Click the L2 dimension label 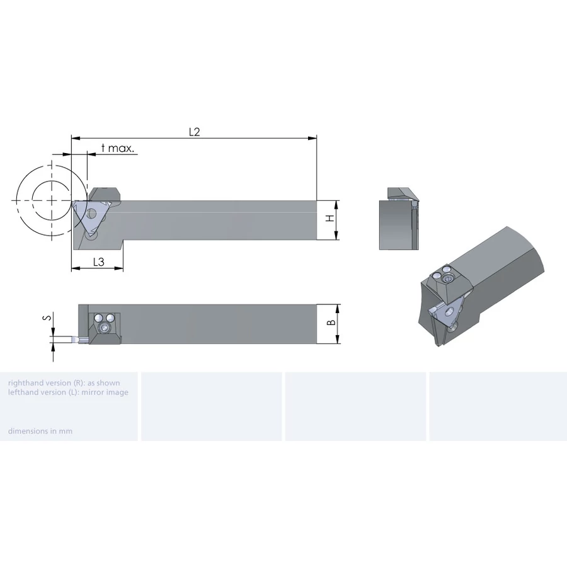(x=195, y=132)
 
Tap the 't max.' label (x=118, y=148)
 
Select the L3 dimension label (x=99, y=262)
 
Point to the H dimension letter (x=330, y=218)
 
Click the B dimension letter (x=331, y=323)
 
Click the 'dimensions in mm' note (x=40, y=431)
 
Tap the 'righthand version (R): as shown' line (x=64, y=383)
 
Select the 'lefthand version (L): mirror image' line (x=68, y=392)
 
